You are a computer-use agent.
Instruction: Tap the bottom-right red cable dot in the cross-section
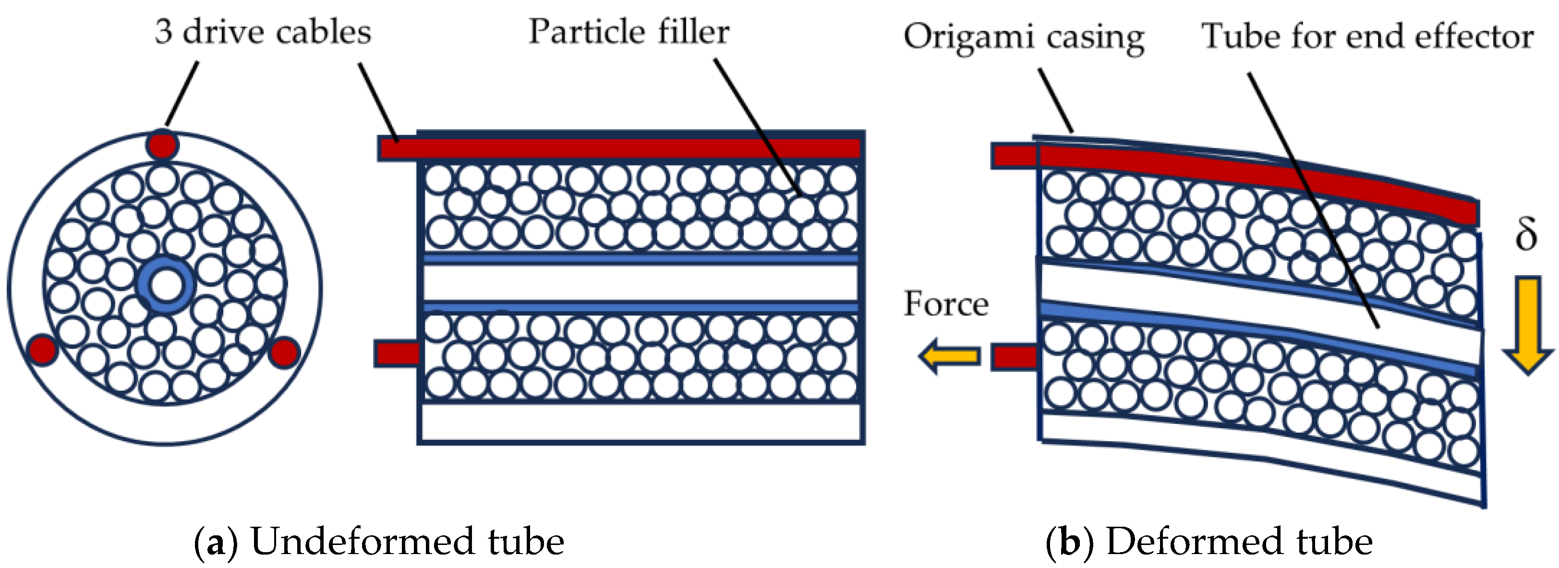pyautogui.click(x=284, y=352)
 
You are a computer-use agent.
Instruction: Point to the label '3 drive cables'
pyautogui.click(x=263, y=32)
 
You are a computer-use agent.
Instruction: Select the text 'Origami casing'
pyautogui.click(x=1023, y=37)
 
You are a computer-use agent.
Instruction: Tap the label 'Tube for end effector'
pyautogui.click(x=1366, y=36)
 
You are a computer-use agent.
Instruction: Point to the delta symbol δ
pyautogui.click(x=1526, y=235)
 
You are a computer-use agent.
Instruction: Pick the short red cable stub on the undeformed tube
pyautogui.click(x=397, y=354)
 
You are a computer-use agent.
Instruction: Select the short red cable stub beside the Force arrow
pyautogui.click(x=1014, y=357)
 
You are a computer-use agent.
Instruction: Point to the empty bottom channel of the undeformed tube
pyautogui.click(x=641, y=422)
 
